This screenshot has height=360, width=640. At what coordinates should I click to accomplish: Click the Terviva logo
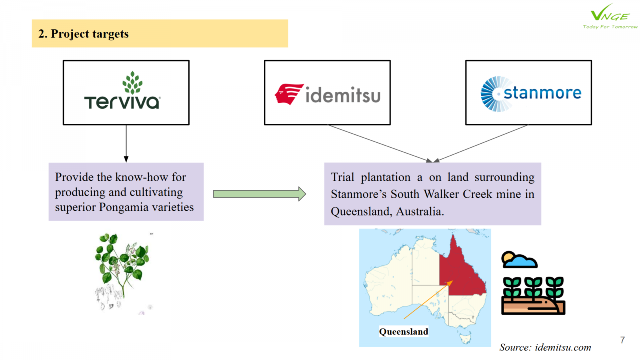coord(122,90)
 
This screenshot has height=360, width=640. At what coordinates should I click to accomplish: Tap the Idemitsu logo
coord(328,94)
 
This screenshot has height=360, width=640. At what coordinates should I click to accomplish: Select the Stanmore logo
coord(531,94)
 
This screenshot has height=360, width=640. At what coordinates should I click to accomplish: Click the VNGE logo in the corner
coord(610,16)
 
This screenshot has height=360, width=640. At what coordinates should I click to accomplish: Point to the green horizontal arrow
coord(260,194)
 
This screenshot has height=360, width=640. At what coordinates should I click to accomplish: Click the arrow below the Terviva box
coord(126,144)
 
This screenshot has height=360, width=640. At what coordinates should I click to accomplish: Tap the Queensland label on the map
coord(404,332)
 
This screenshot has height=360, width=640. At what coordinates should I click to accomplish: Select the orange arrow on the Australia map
coord(428,300)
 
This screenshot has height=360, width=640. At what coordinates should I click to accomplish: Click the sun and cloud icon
coord(519,260)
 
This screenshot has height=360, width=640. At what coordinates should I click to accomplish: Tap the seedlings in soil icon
coord(533,296)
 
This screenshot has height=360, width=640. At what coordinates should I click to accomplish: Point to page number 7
coord(622,340)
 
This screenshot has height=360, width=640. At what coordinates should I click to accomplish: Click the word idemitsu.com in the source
coord(563,348)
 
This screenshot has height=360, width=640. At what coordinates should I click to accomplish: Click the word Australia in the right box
coord(420,212)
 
